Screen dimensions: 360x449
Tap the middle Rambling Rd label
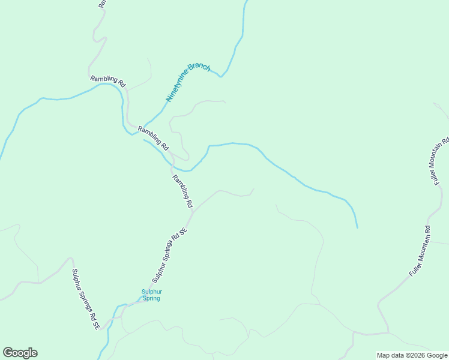[154, 138]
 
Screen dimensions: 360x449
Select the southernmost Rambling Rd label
[182, 191]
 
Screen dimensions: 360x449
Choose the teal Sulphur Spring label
[151, 295]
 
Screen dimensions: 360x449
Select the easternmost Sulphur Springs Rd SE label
[170, 256]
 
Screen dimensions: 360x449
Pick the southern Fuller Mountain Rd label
[420, 251]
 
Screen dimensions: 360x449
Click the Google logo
[20, 353]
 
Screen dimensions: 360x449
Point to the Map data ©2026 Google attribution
[412, 355]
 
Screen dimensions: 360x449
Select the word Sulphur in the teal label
[151, 292]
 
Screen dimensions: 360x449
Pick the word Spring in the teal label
[151, 298]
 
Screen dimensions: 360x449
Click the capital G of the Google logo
[8, 353]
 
